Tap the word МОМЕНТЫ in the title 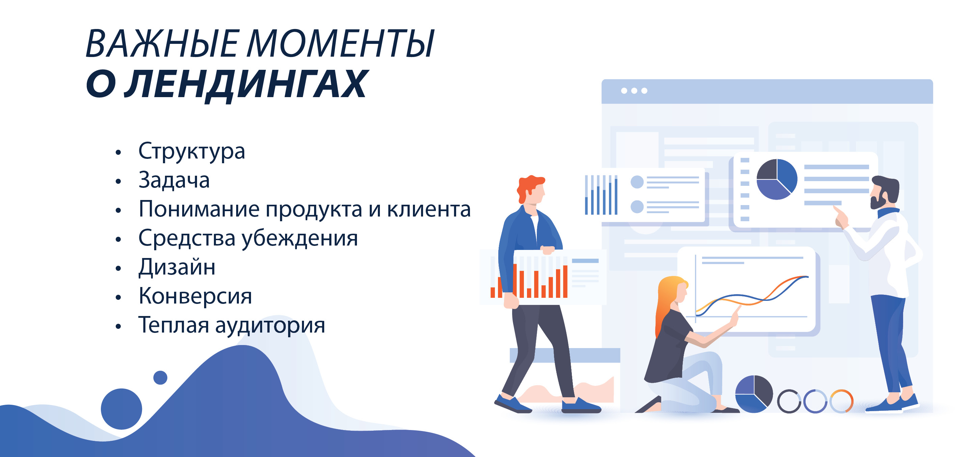[x=340, y=44]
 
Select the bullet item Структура [x=192, y=151]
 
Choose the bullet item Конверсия [x=195, y=296]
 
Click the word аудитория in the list [x=270, y=325]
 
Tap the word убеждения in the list [x=300, y=238]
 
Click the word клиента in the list [x=429, y=209]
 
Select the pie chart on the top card [x=777, y=179]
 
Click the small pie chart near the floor [x=754, y=394]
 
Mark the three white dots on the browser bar [x=634, y=91]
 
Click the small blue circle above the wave [x=160, y=377]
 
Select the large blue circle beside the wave [x=121, y=409]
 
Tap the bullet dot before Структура [x=118, y=152]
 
